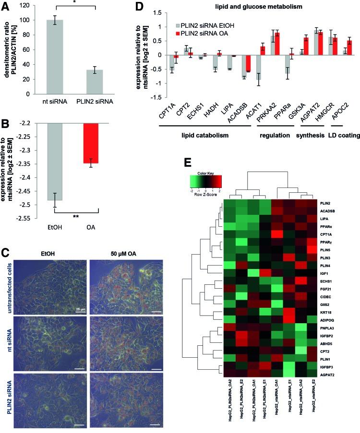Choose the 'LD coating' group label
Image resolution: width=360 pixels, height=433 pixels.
[x=343, y=136]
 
